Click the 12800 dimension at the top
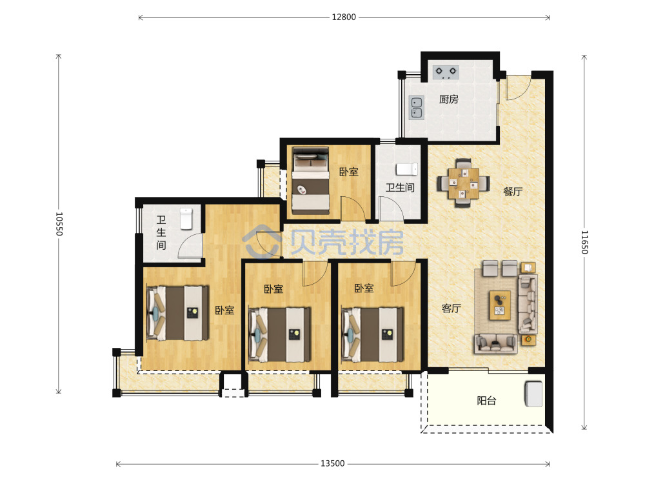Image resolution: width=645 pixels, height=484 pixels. click(344, 17)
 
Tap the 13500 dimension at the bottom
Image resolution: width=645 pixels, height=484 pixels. click(332, 464)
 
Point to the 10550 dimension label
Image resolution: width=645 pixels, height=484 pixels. click(59, 224)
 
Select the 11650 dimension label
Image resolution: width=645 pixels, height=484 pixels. click(584, 242)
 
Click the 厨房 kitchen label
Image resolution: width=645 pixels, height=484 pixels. click(449, 99)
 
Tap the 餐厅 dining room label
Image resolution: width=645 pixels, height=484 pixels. click(513, 192)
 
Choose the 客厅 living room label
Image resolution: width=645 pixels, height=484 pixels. click(451, 308)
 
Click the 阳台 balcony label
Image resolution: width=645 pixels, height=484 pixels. click(486, 401)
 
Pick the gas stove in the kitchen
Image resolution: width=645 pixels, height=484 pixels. click(446, 72)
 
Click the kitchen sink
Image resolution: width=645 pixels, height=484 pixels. click(416, 108)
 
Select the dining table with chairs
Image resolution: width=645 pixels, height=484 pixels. click(464, 183)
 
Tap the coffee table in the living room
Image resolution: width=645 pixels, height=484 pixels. click(500, 305)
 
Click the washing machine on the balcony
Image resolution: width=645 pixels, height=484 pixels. click(533, 394)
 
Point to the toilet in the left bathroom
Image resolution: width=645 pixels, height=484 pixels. click(186, 219)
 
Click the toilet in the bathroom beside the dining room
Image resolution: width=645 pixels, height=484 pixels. click(407, 169)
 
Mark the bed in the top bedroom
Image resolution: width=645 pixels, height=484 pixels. click(311, 181)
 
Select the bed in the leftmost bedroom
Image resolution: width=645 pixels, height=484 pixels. click(178, 313)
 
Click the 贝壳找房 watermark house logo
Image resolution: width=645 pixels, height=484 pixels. click(262, 241)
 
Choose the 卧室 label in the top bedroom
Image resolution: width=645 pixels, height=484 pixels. click(349, 172)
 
